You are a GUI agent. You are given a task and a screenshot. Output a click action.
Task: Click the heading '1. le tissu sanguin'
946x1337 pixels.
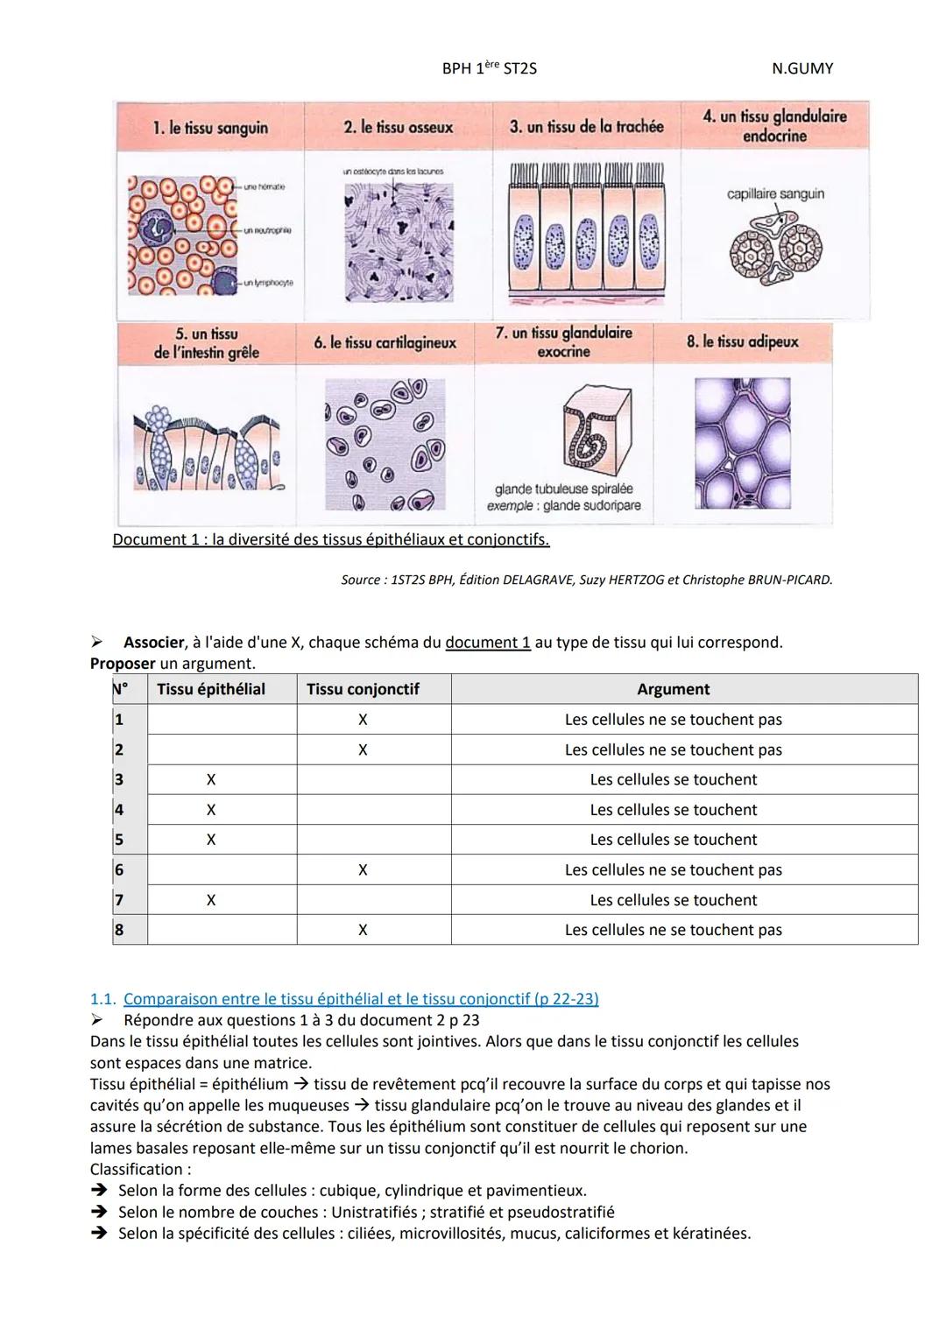210,128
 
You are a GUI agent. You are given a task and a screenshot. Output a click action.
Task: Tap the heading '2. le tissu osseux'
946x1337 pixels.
399,128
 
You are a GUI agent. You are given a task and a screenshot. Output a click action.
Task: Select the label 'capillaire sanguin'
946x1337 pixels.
775,194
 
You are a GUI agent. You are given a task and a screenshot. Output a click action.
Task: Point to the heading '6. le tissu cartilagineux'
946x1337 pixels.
385,343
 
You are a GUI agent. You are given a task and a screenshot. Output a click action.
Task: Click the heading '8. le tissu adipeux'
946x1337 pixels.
743,341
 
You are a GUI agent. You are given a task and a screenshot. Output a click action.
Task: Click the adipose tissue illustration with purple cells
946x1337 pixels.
742,443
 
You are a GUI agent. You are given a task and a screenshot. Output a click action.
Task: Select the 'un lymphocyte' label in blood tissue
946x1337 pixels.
268,283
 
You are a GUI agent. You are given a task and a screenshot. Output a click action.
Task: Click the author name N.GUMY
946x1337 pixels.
802,68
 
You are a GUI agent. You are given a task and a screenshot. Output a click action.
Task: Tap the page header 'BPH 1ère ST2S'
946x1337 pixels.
489,68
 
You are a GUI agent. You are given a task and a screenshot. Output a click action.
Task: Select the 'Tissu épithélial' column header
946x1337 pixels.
211,689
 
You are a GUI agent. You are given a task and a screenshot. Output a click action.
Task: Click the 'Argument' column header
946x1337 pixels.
673,689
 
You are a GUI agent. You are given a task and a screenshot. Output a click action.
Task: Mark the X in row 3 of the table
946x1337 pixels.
211,780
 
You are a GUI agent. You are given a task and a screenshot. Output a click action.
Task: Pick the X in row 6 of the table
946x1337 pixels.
363,870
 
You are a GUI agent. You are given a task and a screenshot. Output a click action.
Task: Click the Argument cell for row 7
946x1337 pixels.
673,900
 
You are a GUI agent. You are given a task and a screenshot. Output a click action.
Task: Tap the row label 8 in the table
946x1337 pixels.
119,930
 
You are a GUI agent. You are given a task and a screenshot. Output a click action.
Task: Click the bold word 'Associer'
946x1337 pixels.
153,643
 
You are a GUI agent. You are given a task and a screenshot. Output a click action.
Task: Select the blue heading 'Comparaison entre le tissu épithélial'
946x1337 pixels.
361,999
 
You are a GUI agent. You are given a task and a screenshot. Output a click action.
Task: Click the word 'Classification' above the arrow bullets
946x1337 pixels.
138,1170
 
